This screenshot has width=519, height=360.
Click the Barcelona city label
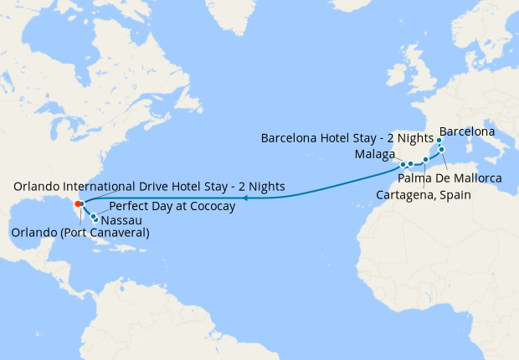[466, 132]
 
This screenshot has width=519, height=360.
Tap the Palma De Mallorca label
[450, 178]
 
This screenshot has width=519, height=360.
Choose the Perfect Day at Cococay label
[172, 204]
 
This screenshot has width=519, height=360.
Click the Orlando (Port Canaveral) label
[80, 233]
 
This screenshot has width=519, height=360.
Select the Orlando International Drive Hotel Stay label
[149, 186]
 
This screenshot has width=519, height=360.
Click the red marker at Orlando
[77, 203]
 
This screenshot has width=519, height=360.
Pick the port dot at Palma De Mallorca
[443, 150]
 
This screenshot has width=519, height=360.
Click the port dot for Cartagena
[426, 158]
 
